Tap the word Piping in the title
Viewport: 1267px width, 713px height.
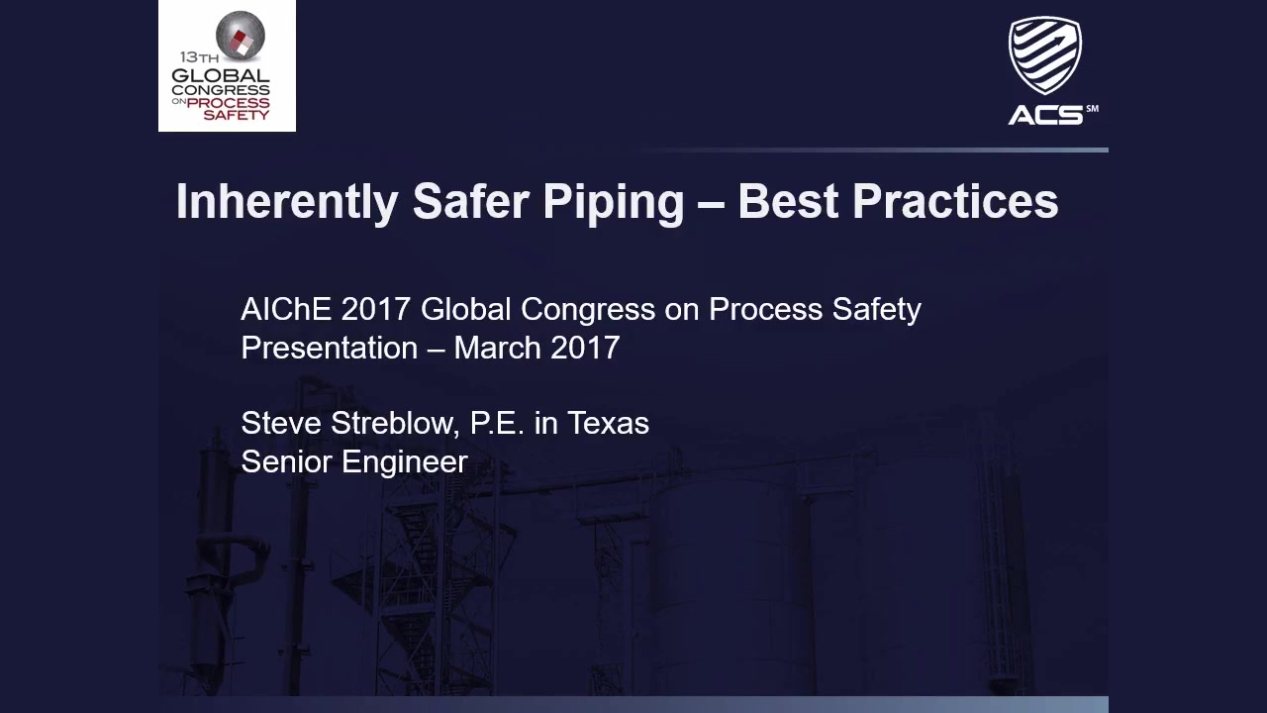click(x=614, y=203)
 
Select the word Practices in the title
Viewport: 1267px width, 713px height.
click(x=955, y=201)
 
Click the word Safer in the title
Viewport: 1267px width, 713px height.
click(x=471, y=201)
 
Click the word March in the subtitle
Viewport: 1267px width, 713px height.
click(x=498, y=348)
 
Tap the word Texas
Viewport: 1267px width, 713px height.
click(x=608, y=423)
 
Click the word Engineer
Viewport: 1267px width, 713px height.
click(x=405, y=462)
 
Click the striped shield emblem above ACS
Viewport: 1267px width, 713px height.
click(x=1044, y=54)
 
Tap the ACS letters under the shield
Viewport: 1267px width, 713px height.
click(x=1045, y=116)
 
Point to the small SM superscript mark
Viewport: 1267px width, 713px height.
click(x=1092, y=109)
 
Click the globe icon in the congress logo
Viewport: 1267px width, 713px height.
click(x=241, y=36)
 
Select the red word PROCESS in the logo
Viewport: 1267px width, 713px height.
click(x=228, y=103)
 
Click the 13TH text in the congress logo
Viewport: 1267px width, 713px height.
click(x=199, y=57)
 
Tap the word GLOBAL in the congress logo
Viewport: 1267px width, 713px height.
click(x=221, y=75)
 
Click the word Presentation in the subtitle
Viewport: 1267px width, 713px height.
click(x=330, y=348)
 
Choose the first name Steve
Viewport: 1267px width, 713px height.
click(x=281, y=423)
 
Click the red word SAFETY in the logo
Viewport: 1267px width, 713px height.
click(x=237, y=115)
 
